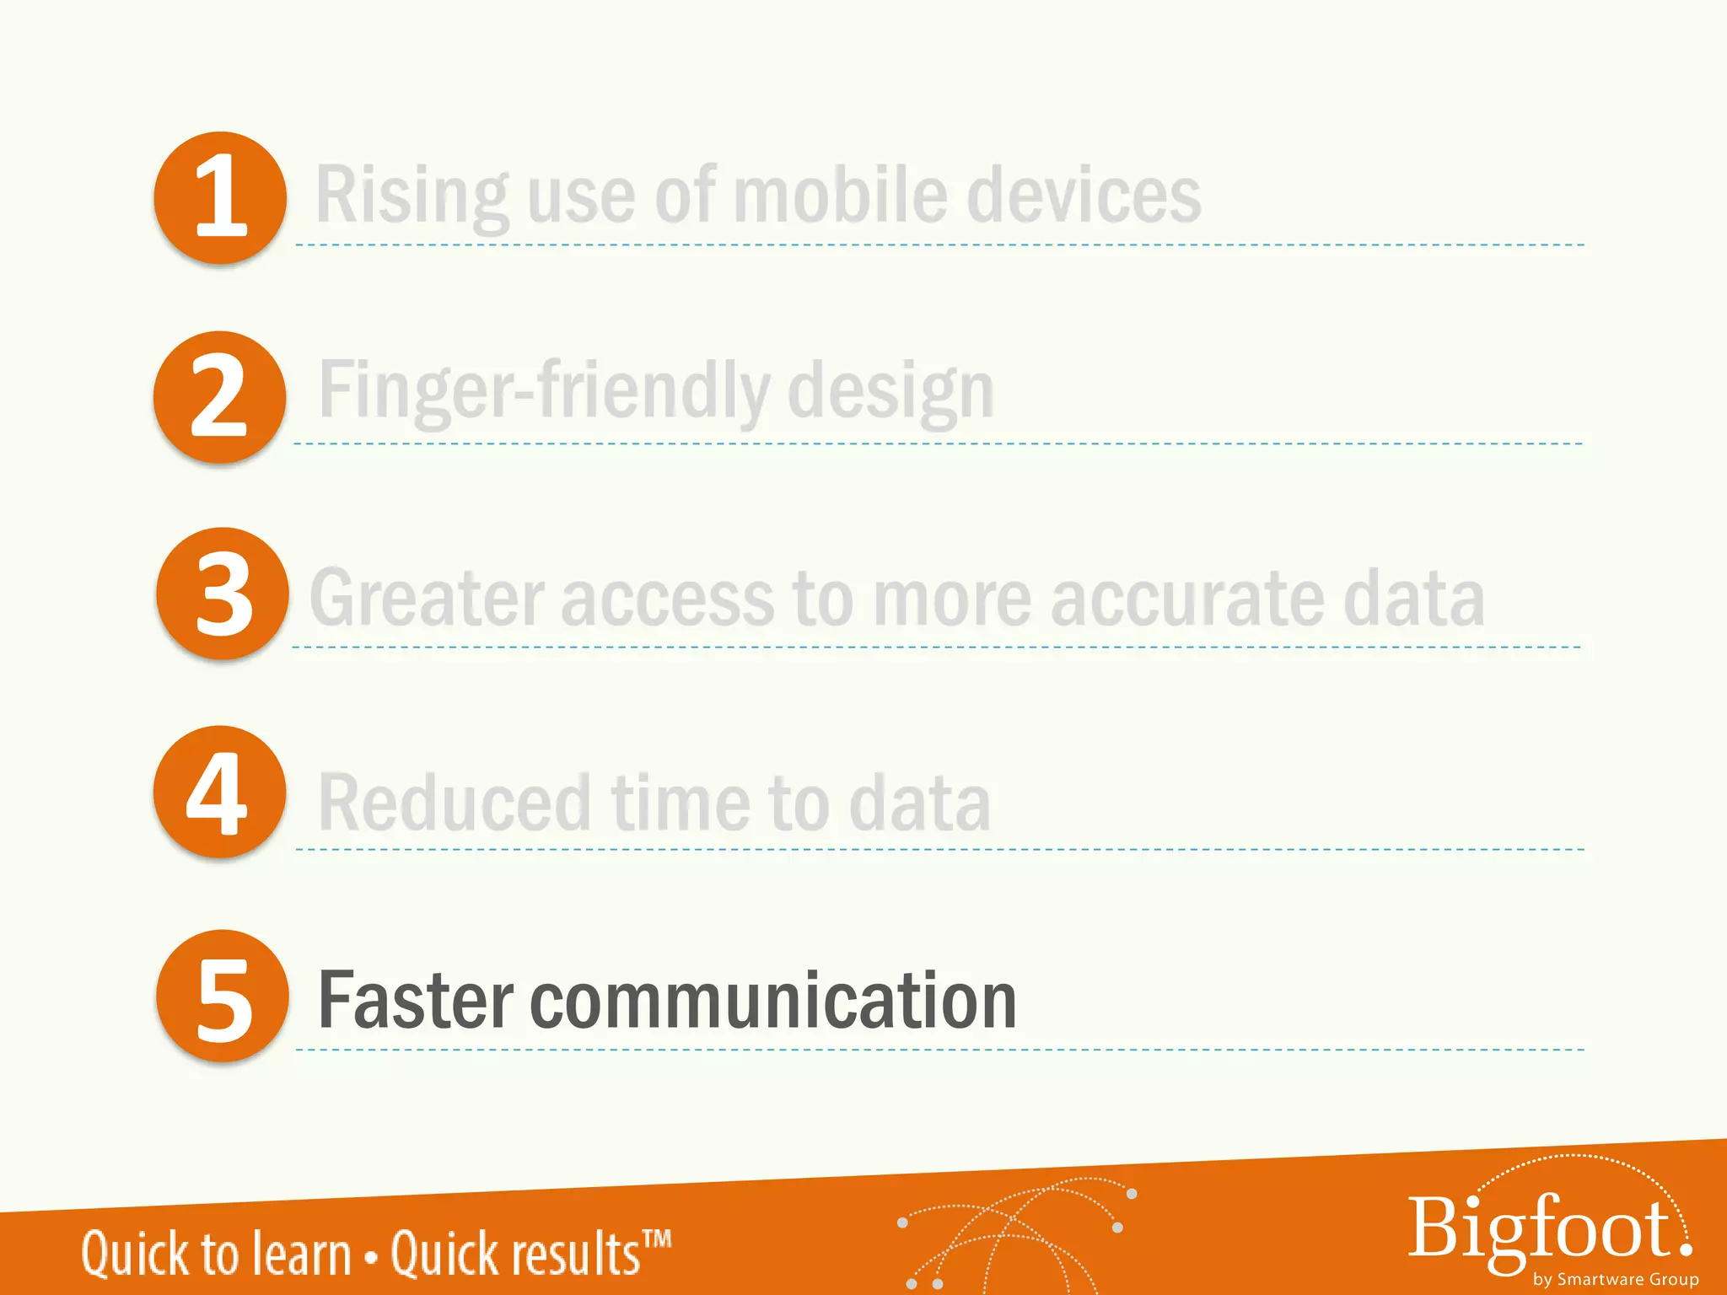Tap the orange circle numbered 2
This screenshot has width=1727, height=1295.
pyautogui.click(x=219, y=396)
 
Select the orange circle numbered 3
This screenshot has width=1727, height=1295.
pyautogui.click(x=223, y=594)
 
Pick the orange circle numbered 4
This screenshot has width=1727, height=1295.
pyautogui.click(x=219, y=792)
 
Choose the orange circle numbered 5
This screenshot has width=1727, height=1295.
pyautogui.click(x=223, y=996)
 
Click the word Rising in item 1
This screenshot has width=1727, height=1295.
pyautogui.click(x=412, y=196)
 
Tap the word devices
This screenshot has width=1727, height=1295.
pyautogui.click(x=1084, y=196)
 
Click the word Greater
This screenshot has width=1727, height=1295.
pyautogui.click(x=427, y=598)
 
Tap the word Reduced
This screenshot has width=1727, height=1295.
pyautogui.click(x=455, y=803)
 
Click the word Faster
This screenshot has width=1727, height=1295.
pyautogui.click(x=415, y=1001)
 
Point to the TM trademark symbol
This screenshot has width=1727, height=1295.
pyautogui.click(x=657, y=1239)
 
